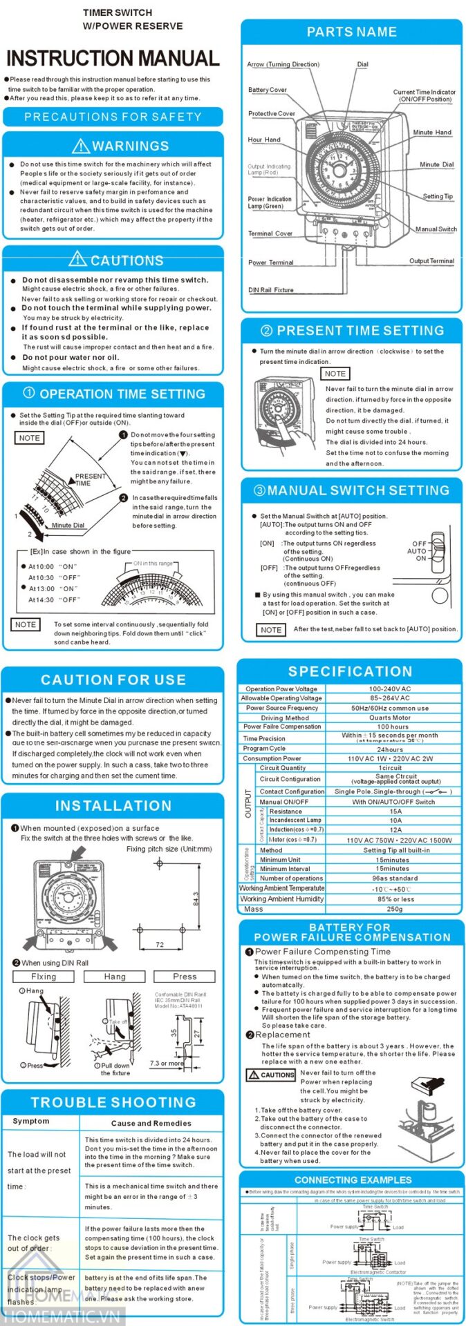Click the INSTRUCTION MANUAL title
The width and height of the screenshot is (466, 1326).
(113, 58)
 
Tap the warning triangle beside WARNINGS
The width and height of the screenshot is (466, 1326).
(81, 146)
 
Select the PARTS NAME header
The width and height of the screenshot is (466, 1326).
(351, 32)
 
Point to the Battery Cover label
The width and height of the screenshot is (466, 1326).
(268, 90)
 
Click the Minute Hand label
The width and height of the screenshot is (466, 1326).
(432, 132)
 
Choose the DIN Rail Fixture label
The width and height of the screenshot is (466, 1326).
(271, 290)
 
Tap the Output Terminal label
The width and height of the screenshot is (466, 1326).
(431, 261)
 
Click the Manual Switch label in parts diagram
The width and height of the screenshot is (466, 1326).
(436, 229)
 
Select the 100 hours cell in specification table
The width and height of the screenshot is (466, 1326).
(393, 727)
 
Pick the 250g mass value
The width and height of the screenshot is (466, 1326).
(394, 909)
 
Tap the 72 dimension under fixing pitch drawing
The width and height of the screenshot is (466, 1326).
(160, 944)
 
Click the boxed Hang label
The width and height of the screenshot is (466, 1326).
(115, 977)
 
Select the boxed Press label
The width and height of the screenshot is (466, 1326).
(185, 977)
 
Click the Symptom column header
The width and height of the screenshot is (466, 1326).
(31, 1121)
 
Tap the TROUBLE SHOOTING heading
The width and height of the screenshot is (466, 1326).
(113, 1102)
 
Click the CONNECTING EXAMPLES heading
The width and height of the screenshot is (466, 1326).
(353, 1180)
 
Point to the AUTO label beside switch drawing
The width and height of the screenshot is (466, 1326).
(416, 551)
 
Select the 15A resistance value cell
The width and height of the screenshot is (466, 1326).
(395, 811)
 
